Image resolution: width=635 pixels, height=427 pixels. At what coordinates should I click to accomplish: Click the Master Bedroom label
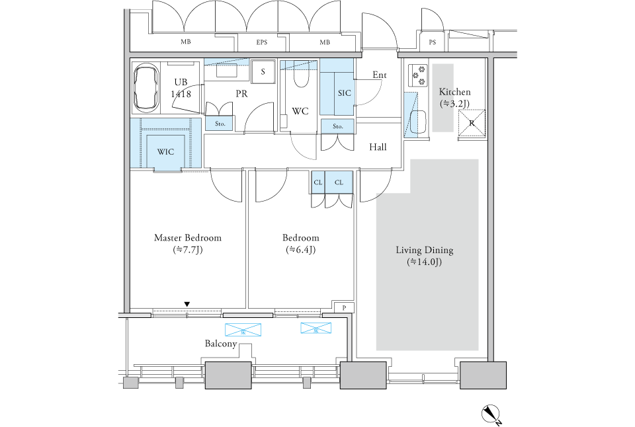click(187, 237)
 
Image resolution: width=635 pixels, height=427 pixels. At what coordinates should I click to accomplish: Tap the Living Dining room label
click(424, 250)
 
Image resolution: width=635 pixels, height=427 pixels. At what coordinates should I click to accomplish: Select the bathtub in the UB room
click(148, 88)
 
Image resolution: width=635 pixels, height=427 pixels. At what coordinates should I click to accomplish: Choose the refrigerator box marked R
click(472, 124)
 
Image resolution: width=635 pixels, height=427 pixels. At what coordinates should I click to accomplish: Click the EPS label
click(262, 43)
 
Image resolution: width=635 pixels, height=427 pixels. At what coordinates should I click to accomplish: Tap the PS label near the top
click(433, 43)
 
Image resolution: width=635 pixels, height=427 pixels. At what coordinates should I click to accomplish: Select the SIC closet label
click(344, 93)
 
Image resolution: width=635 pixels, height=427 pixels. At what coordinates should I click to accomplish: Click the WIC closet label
click(165, 151)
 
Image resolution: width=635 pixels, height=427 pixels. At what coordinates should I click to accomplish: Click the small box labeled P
click(344, 308)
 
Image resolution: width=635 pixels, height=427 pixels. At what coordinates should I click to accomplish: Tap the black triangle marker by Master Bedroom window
click(187, 304)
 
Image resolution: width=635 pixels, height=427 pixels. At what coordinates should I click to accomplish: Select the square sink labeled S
click(263, 71)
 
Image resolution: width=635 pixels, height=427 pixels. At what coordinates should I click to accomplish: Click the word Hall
click(378, 147)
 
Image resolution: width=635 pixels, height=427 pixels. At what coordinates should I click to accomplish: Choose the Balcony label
click(221, 344)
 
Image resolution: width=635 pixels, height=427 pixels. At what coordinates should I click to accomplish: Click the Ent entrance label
click(379, 75)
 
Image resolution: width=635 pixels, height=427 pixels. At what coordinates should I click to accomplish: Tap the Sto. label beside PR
click(220, 123)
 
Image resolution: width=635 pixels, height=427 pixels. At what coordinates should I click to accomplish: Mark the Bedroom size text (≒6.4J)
click(300, 249)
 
